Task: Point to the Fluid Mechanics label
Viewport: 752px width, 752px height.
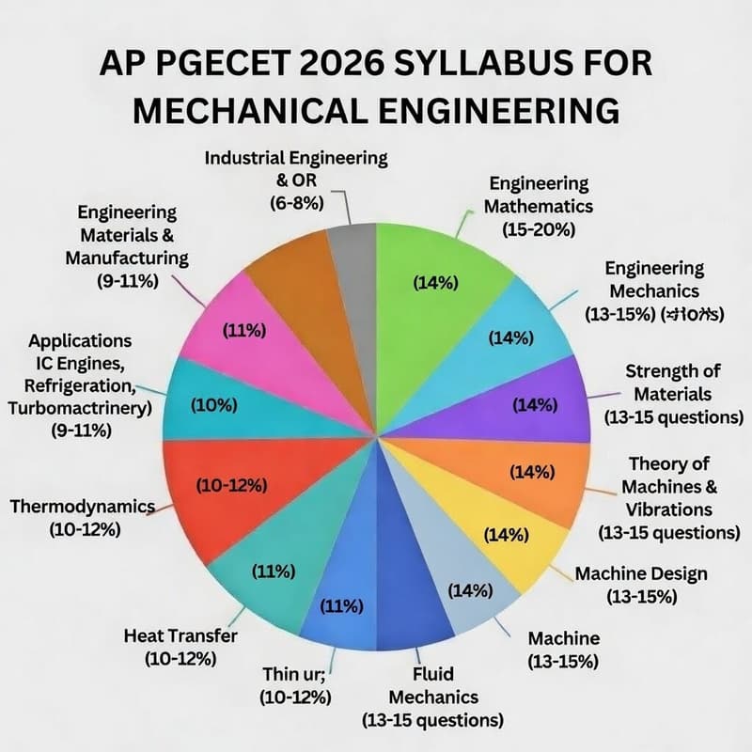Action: point(432,697)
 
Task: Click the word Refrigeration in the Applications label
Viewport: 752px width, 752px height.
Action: point(73,385)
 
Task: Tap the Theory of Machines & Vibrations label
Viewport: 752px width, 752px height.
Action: point(668,498)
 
